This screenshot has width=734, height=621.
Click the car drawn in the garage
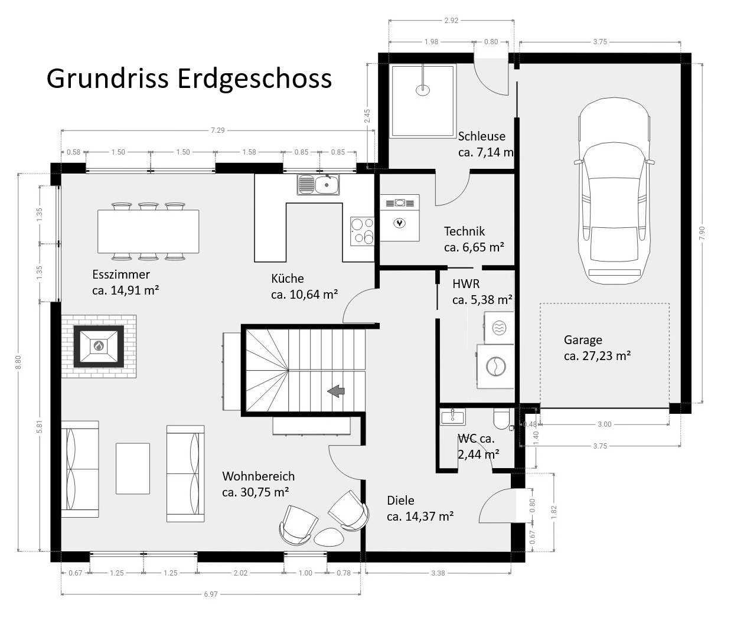pyautogui.click(x=614, y=191)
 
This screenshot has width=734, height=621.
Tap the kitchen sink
pyautogui.click(x=318, y=185)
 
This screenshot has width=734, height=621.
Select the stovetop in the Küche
pyautogui.click(x=362, y=231)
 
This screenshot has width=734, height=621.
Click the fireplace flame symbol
pyautogui.click(x=99, y=345)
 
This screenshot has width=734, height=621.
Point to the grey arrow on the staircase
pyautogui.click(x=336, y=391)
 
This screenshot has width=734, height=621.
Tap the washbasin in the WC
pyautogui.click(x=453, y=416)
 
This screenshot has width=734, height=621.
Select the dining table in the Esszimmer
pyautogui.click(x=148, y=231)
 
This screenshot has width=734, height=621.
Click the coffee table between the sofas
pyautogui.click(x=133, y=468)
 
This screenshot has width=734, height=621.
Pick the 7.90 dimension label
pyautogui.click(x=702, y=233)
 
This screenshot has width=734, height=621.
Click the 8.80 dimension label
pyautogui.click(x=18, y=362)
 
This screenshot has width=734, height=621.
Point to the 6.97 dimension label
pyautogui.click(x=211, y=594)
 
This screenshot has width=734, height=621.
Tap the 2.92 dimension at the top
pyautogui.click(x=451, y=21)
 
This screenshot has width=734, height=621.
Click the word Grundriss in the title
pyautogui.click(x=107, y=79)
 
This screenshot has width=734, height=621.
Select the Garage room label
pyautogui.click(x=583, y=340)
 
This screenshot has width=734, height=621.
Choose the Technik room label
pyautogui.click(x=464, y=231)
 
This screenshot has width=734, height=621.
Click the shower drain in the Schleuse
pyautogui.click(x=423, y=90)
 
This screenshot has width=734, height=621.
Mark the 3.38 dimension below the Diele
pyautogui.click(x=438, y=573)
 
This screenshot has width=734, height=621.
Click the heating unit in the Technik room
pyautogui.click(x=400, y=218)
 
